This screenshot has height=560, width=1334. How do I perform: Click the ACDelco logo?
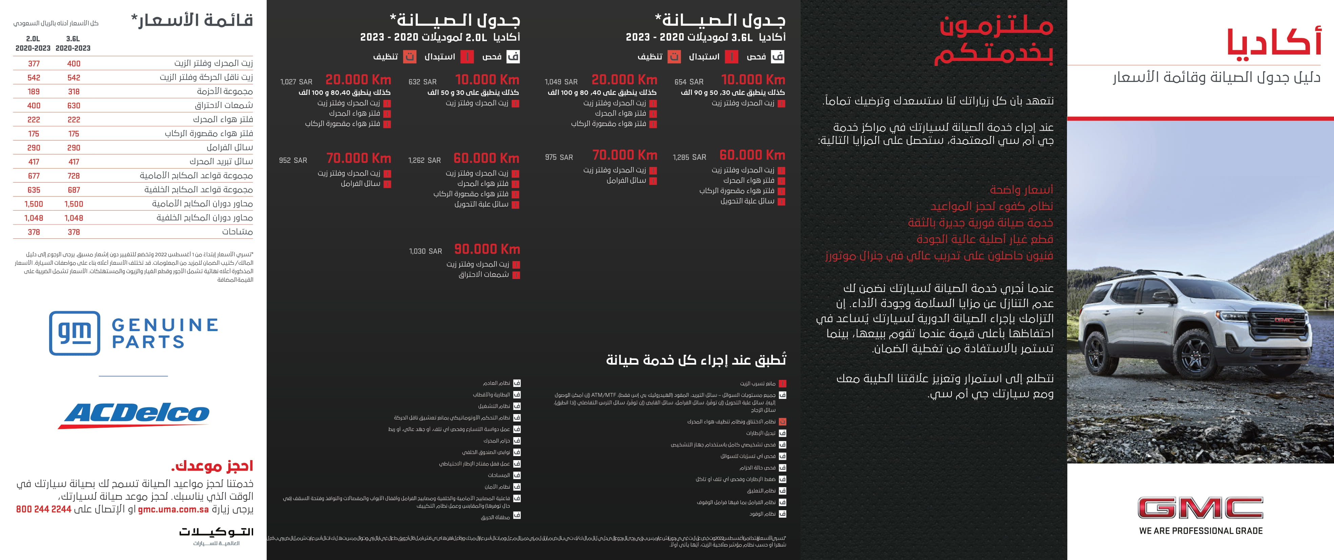click(x=137, y=414)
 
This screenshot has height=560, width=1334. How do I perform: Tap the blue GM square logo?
click(x=75, y=333)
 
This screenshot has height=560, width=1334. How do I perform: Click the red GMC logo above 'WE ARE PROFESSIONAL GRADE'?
click(x=1200, y=508)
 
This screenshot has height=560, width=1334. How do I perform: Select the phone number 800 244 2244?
click(x=43, y=509)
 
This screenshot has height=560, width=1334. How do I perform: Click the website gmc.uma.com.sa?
click(x=173, y=509)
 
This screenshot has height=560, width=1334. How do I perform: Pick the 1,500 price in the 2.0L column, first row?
click(x=34, y=204)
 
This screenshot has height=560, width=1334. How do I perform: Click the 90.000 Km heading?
click(x=487, y=250)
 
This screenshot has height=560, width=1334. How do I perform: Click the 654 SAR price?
click(x=689, y=82)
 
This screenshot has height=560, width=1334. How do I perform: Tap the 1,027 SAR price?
click(x=296, y=82)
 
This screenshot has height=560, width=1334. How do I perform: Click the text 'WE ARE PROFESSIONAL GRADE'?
click(x=1200, y=531)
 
